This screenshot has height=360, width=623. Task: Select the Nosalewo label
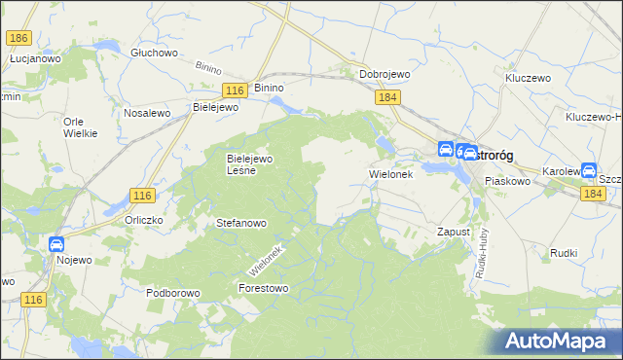[x=147, y=113]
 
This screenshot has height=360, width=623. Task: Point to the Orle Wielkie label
[x=80, y=127]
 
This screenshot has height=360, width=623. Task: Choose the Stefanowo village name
[x=240, y=223]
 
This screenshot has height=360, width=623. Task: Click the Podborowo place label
[x=172, y=292]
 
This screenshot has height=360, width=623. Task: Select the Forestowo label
[x=264, y=288]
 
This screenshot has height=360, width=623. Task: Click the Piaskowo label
[x=507, y=181]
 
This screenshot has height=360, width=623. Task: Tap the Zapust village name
[x=454, y=233]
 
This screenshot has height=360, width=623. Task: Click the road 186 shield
[x=18, y=38]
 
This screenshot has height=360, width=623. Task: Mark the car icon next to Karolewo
[x=589, y=170]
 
